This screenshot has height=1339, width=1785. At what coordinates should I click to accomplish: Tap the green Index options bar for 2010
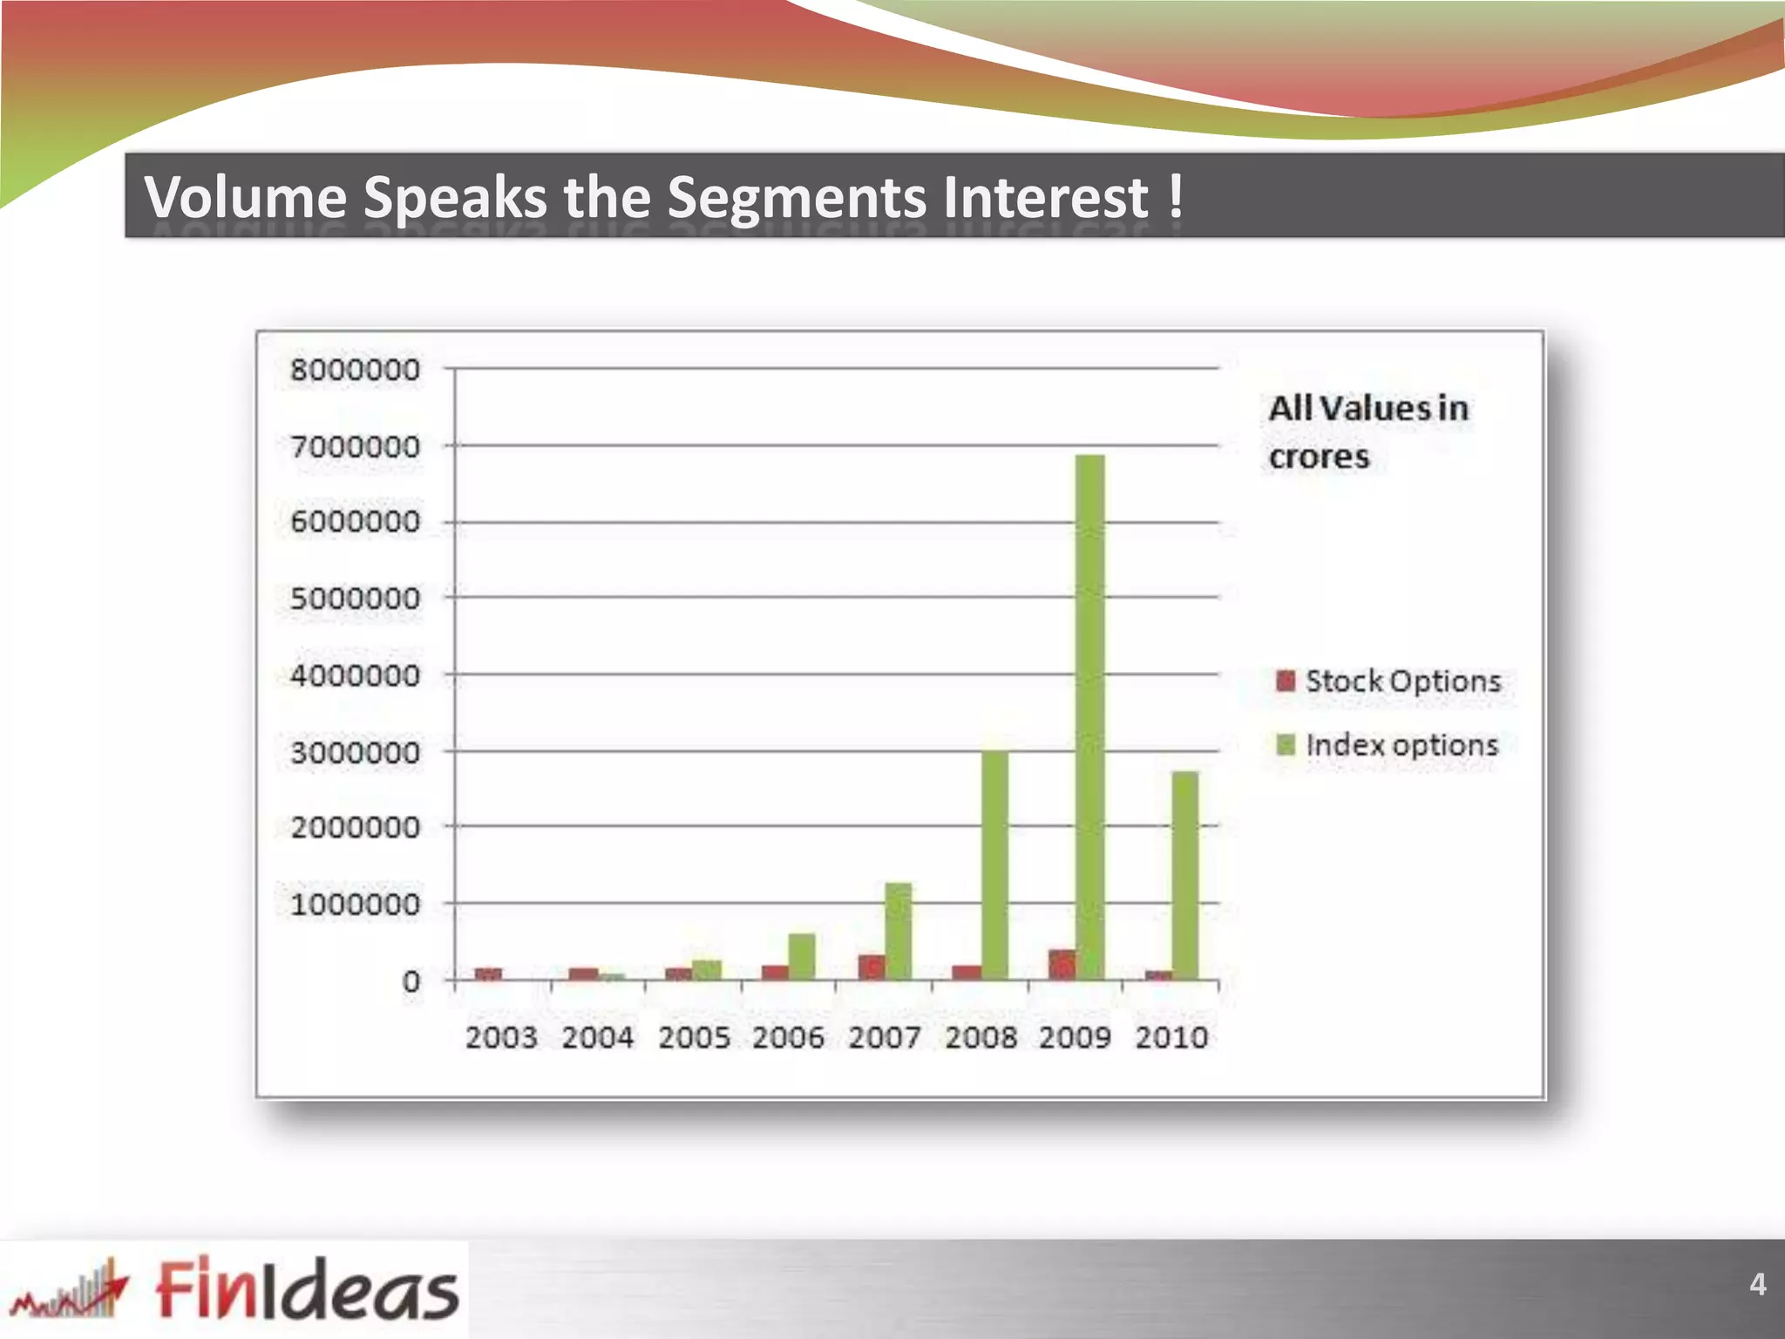[1184, 875]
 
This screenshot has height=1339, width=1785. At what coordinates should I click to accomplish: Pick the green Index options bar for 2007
[899, 931]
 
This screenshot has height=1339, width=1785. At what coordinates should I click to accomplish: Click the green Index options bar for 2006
[802, 956]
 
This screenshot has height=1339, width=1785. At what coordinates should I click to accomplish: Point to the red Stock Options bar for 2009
[1062, 964]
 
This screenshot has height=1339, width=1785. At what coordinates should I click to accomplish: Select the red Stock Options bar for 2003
[488, 974]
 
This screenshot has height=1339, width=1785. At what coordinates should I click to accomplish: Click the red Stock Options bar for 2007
[872, 967]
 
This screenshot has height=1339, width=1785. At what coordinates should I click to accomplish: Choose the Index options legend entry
[1388, 745]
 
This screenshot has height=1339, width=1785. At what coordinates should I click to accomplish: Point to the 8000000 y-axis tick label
[355, 370]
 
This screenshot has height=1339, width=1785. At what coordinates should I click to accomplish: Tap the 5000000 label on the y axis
[355, 599]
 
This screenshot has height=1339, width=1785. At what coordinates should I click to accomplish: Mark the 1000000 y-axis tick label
[355, 905]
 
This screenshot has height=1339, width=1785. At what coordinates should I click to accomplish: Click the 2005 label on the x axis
[694, 1037]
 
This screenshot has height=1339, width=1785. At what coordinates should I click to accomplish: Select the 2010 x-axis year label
[1171, 1037]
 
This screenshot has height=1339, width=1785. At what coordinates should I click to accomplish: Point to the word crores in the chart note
[1319, 457]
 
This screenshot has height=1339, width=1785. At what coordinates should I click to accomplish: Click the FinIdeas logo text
[307, 1288]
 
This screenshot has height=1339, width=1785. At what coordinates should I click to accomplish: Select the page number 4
[1757, 1284]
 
